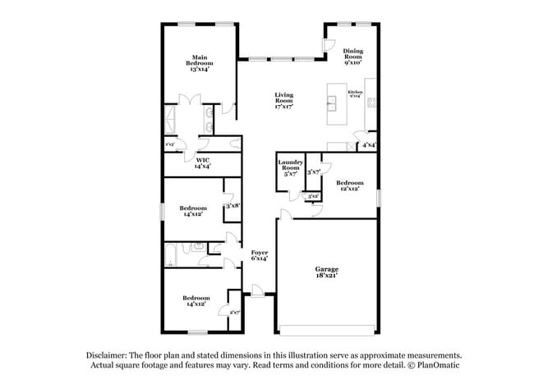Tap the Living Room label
(x=284, y=101)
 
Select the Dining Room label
(x=353, y=56)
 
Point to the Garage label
(x=327, y=272)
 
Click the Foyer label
(x=260, y=255)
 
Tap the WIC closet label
(x=202, y=163)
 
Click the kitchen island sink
(x=333, y=103)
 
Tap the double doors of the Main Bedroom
(x=191, y=102)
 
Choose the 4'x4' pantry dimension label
(x=369, y=145)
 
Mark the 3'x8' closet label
(x=232, y=206)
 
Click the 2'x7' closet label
(x=234, y=312)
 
